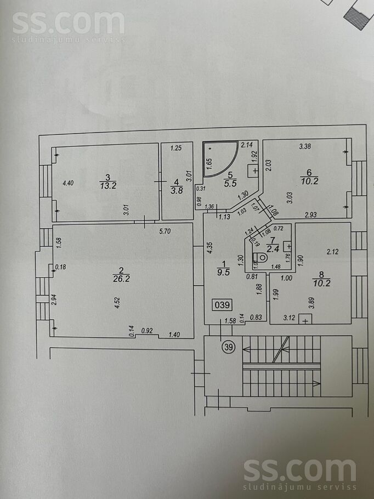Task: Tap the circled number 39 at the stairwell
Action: [227, 347]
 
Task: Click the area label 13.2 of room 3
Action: [107, 185]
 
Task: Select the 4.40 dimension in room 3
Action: [67, 184]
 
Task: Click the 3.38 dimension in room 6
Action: [305, 146]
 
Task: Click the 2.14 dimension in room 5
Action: [246, 145]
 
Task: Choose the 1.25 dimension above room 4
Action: [175, 148]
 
